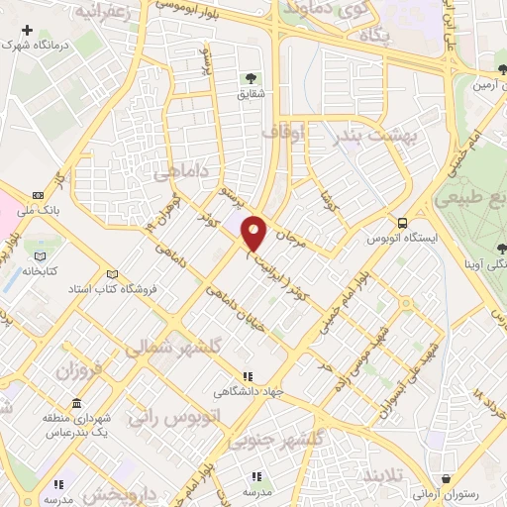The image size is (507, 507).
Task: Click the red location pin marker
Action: pyautogui.click(x=254, y=233)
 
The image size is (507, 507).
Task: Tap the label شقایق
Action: pyautogui.click(x=250, y=95)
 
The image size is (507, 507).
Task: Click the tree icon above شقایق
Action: pyautogui.click(x=250, y=77)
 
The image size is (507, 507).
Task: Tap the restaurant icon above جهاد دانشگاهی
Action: pyautogui.click(x=248, y=376)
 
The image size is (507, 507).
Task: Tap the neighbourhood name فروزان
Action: pyautogui.click(x=78, y=373)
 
